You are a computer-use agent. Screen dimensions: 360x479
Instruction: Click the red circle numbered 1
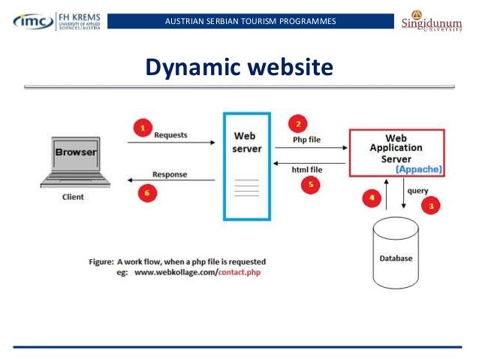[143, 129]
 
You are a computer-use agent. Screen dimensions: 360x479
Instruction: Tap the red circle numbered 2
[299, 124]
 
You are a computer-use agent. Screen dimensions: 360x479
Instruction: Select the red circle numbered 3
[432, 204]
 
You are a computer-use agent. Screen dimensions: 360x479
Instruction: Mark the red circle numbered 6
[148, 192]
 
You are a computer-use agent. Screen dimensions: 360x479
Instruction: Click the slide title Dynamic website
[239, 68]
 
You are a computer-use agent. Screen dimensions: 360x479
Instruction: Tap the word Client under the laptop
[74, 197]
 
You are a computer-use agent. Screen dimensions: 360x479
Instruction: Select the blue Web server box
[246, 165]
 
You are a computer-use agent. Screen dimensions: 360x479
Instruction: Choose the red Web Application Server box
[396, 153]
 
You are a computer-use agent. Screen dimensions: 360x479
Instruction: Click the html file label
[306, 170]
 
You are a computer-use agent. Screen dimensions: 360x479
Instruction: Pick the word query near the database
[417, 191]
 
